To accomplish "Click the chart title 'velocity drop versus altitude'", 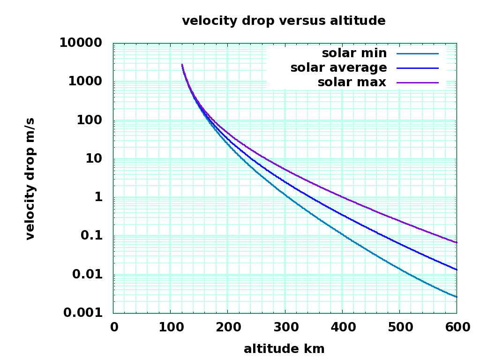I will pyautogui.click(x=284, y=21).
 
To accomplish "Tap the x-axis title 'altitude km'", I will pyautogui.click(x=284, y=349).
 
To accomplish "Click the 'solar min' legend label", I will pyautogui.click(x=354, y=53).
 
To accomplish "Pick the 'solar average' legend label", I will pyautogui.click(x=338, y=67).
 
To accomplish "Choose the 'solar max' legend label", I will pyautogui.click(x=352, y=82).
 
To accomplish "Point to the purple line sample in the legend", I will pyautogui.click(x=417, y=82).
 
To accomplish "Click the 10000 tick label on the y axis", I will pyautogui.click(x=80, y=43).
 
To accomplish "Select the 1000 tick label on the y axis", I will pyautogui.click(x=85, y=81).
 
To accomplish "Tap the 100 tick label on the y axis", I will pyautogui.click(x=90, y=120).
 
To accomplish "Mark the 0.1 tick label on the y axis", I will pyautogui.click(x=91, y=235).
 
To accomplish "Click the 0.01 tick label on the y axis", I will pyautogui.click(x=87, y=274).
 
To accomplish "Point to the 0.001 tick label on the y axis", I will pyautogui.click(x=82, y=313).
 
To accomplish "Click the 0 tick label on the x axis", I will pyautogui.click(x=114, y=327).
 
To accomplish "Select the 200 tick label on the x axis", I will pyautogui.click(x=227, y=327).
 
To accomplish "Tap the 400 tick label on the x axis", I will pyautogui.click(x=342, y=327).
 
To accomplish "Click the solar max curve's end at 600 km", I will pyautogui.click(x=456, y=242).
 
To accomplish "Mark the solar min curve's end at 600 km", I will pyautogui.click(x=456, y=297).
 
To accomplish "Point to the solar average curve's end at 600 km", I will pyautogui.click(x=456, y=270).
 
